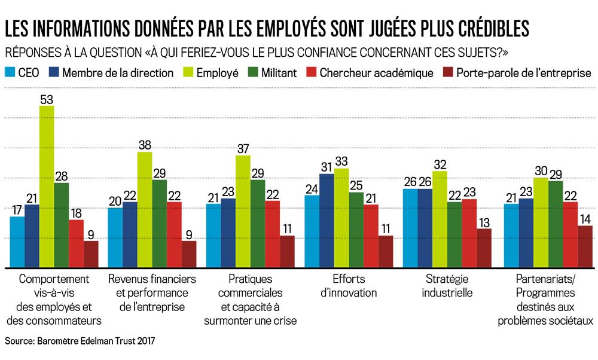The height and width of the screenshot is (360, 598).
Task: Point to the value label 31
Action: (327, 167)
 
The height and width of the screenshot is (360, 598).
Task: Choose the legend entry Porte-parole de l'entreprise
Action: (523, 73)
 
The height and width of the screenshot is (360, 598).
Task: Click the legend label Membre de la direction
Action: (117, 73)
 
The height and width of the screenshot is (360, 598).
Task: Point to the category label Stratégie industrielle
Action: (447, 286)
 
